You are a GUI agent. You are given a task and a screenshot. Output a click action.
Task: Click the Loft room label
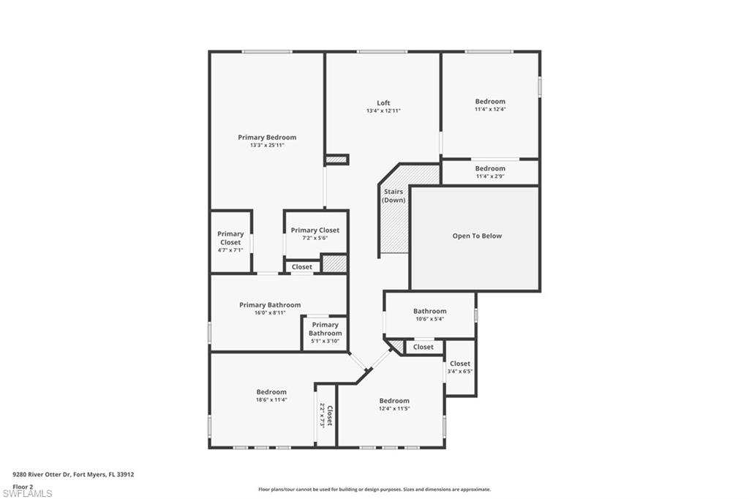click(383, 102)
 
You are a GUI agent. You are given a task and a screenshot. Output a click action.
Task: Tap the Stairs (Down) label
click(394, 196)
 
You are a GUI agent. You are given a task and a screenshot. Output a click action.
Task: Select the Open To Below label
click(477, 236)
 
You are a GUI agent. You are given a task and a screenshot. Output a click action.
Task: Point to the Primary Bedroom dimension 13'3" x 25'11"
click(267, 146)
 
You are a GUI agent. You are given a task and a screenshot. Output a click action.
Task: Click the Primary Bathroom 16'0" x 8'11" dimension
click(270, 313)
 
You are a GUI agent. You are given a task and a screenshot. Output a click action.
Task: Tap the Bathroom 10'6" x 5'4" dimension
click(430, 319)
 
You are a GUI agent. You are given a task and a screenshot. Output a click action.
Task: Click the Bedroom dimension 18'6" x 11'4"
click(271, 400)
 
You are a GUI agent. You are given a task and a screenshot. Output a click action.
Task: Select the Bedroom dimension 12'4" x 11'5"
click(394, 409)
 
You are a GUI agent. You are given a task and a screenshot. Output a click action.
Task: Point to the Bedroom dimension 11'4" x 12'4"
click(490, 109)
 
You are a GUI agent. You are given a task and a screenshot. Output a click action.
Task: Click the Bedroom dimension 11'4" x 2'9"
click(490, 176)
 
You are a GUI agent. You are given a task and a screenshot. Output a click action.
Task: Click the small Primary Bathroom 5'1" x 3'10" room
click(325, 333)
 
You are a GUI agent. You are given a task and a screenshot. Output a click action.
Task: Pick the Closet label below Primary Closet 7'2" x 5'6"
click(302, 267)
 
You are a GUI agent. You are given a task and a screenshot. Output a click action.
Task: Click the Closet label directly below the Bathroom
click(424, 347)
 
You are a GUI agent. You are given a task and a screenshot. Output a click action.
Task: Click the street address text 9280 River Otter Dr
click(42, 475)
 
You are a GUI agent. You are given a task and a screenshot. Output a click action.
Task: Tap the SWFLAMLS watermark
click(27, 493)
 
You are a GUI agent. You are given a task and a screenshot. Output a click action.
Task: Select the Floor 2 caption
click(23, 487)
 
